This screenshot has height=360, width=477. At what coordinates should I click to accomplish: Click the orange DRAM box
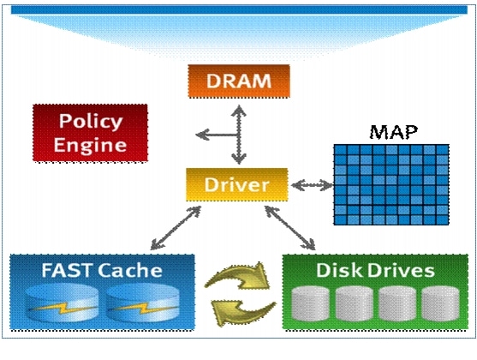click(239, 81)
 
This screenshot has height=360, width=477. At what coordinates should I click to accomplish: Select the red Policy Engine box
click(90, 133)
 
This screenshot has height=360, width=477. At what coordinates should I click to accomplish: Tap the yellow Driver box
click(237, 184)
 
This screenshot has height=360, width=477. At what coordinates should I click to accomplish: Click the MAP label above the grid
click(394, 132)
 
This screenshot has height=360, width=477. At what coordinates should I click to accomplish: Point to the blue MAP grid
click(391, 184)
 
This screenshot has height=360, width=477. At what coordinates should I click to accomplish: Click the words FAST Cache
click(102, 270)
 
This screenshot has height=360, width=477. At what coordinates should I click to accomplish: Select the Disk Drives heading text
click(375, 270)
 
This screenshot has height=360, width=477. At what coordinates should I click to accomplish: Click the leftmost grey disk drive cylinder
click(310, 303)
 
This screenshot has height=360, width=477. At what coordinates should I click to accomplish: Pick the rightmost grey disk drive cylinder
click(440, 303)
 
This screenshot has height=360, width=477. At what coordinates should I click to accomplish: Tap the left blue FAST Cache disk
click(62, 303)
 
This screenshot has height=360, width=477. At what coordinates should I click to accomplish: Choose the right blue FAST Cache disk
click(142, 303)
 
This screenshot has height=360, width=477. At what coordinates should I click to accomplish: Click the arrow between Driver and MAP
click(312, 185)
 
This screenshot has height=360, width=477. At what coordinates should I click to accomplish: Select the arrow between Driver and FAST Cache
click(176, 228)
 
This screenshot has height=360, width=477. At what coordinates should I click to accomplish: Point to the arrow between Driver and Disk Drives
click(290, 228)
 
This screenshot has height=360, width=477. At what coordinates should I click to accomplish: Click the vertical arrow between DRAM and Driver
click(239, 135)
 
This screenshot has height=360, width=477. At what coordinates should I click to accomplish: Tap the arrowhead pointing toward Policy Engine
click(202, 135)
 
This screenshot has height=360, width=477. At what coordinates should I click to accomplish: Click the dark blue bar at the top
click(239, 9)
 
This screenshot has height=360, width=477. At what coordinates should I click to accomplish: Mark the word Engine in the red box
click(90, 146)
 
